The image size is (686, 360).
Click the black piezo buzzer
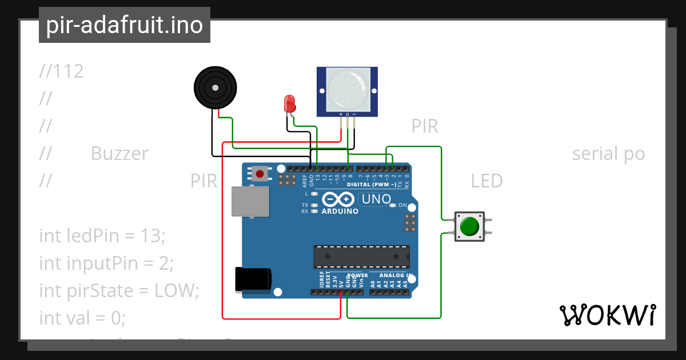[214, 87]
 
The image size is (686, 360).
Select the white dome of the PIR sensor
[347, 89]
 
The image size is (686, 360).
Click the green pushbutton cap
[469, 226]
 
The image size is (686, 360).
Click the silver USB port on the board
[250, 201]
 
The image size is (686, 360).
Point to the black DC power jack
[253, 281]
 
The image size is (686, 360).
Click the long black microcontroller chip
[361, 257]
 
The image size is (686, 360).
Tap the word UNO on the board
[376, 199]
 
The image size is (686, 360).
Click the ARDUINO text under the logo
[340, 211]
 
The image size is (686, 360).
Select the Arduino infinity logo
[340, 199]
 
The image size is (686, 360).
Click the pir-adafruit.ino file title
[125, 25]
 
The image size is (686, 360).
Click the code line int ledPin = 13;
[102, 235]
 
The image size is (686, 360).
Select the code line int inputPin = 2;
[106, 263]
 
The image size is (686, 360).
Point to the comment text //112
[61, 71]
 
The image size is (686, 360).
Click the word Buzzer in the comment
[119, 154]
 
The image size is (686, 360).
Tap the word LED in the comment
[486, 181]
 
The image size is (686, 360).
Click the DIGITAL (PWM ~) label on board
[372, 185]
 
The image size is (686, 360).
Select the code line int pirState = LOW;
[119, 290]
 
